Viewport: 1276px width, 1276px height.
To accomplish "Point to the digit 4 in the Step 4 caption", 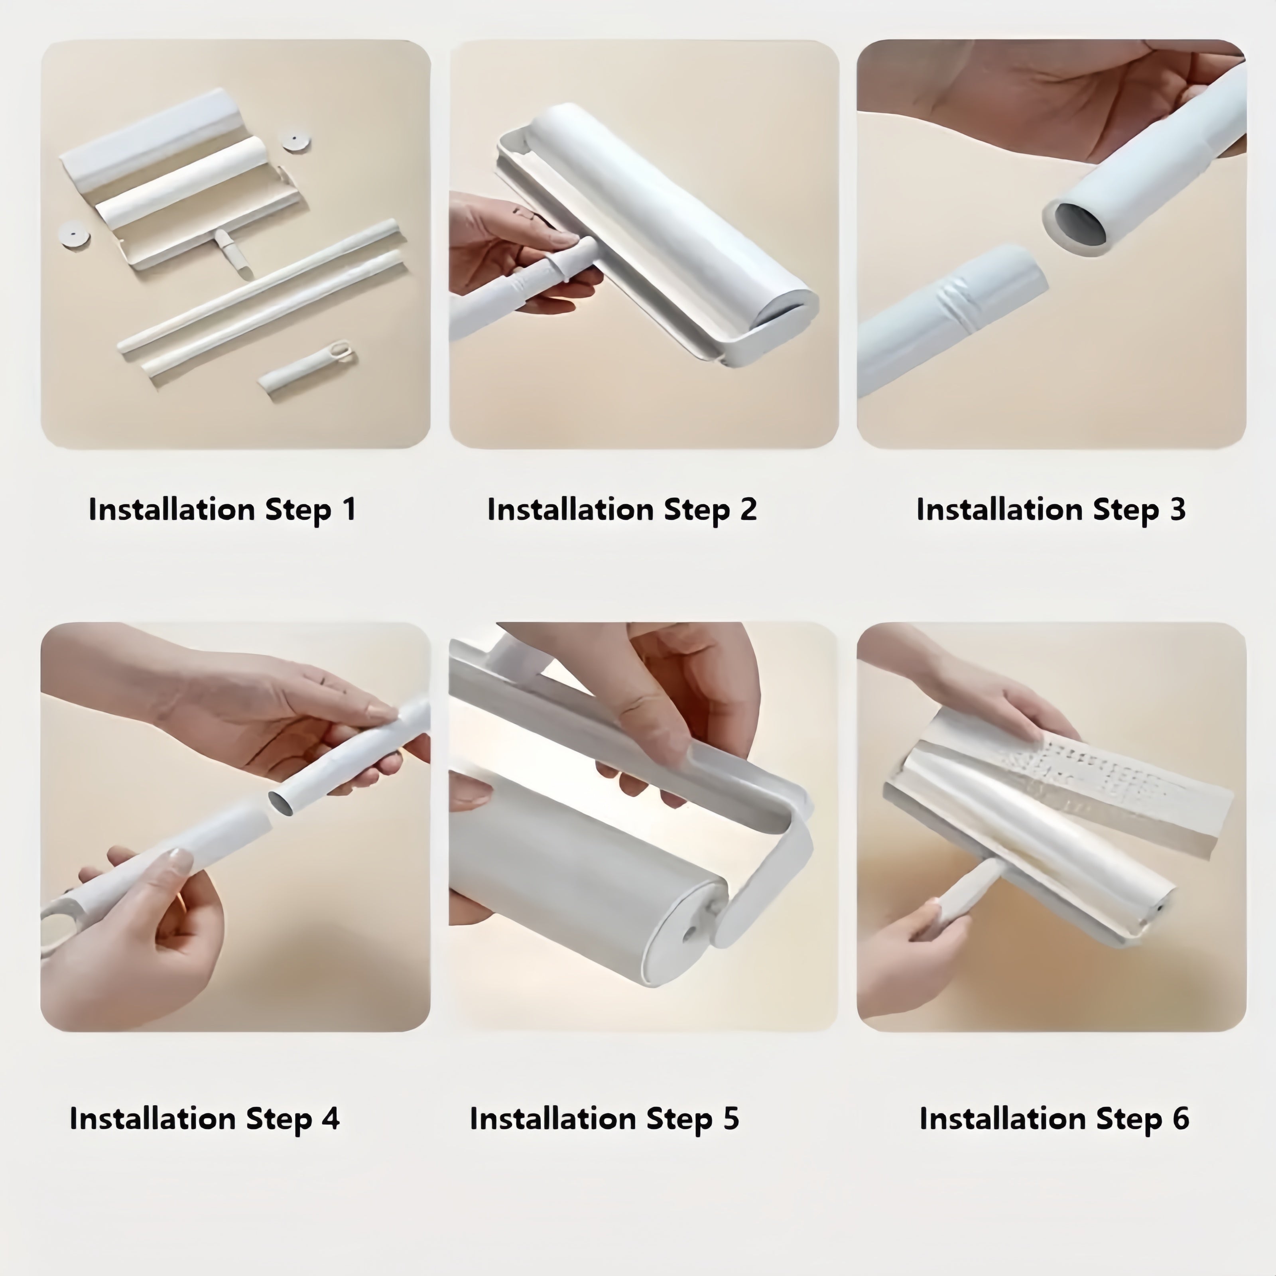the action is tap(330, 1118).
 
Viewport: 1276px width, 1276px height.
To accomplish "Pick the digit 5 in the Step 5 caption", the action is tap(731, 1118).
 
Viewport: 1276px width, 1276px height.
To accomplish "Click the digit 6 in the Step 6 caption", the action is tap(1180, 1118).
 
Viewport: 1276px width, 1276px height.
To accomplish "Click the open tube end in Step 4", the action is tap(282, 802).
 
